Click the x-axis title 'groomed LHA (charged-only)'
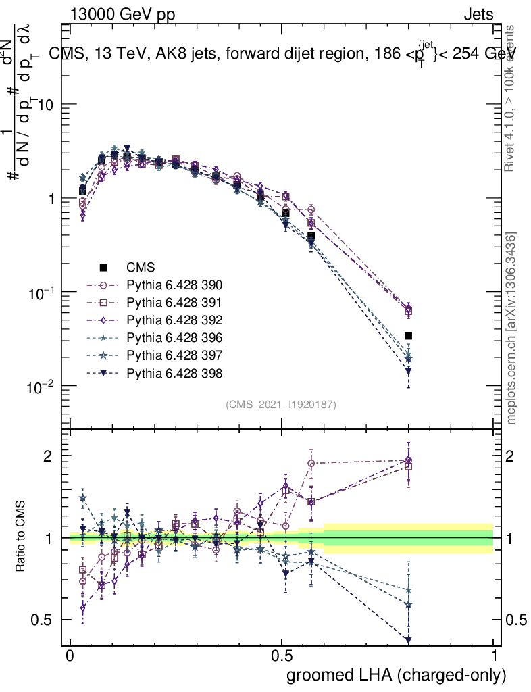397,674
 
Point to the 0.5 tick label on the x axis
282,656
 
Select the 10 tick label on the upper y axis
45,105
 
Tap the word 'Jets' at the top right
478,14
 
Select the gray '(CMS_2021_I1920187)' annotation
281,404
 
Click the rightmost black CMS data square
408,335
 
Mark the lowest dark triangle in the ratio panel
408,640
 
